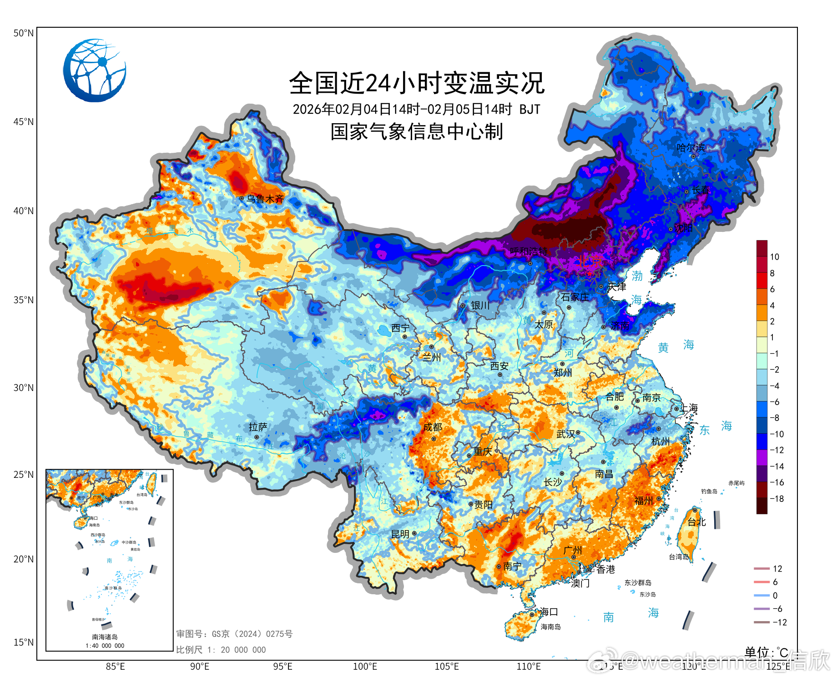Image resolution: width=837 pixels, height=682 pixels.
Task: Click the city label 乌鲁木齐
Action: pos(265,199)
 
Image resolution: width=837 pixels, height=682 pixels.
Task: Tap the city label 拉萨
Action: pos(258,427)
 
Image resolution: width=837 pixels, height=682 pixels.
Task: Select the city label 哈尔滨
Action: pos(691,148)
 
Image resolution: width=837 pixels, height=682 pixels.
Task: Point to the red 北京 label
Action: pos(590,261)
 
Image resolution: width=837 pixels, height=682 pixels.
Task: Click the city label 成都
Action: pos(432,427)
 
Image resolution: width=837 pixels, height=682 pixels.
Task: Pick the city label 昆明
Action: pos(400,534)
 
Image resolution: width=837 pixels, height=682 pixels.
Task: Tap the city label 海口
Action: pos(549,612)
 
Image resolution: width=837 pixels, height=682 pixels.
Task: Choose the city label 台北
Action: pos(696,522)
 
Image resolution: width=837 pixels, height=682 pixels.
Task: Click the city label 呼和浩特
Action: pos(529,251)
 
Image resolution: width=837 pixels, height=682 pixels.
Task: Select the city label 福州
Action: pos(644,501)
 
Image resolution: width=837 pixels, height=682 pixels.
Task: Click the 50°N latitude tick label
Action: pos(23,33)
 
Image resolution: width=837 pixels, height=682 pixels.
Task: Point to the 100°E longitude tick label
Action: pos(365,667)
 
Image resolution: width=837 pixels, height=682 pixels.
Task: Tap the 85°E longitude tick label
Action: pos(115,667)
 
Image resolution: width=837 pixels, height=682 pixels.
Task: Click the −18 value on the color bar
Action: pos(776,499)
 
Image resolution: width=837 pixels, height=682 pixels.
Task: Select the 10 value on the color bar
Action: pos(774,257)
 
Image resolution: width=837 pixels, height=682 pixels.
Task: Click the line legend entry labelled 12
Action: pos(777,569)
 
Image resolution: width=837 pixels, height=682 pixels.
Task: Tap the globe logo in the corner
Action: pos(95,70)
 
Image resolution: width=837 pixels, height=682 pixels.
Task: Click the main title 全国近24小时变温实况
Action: pos(417,83)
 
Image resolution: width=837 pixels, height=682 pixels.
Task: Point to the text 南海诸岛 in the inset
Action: pos(105,637)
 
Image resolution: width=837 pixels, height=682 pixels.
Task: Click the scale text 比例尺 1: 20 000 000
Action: pos(221,650)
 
